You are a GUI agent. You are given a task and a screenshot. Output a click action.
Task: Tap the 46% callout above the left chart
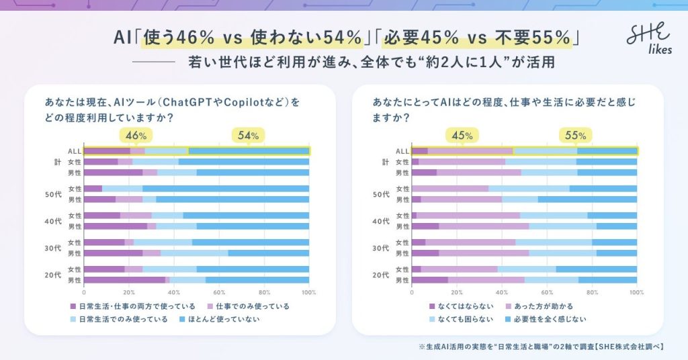pyautogui.click(x=136, y=136)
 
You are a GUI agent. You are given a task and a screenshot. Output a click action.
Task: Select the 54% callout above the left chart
pyautogui.click(x=248, y=136)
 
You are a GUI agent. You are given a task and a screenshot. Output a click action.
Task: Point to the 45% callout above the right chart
pyautogui.click(x=462, y=136)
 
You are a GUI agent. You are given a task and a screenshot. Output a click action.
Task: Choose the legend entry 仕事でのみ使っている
pyautogui.click(x=248, y=306)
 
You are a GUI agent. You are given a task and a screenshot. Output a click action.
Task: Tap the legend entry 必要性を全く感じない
pyautogui.click(x=552, y=319)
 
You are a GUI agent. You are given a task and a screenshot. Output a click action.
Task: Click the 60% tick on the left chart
pyautogui.click(x=219, y=292)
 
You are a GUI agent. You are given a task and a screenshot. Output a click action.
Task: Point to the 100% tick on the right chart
pyautogui.click(x=636, y=292)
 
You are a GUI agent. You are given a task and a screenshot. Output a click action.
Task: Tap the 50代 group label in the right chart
pyautogui.click(x=381, y=194)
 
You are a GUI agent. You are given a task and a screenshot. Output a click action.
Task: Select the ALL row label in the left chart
pyautogui.click(x=75, y=151)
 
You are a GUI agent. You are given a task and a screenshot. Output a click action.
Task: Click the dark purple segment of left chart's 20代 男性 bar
pyautogui.click(x=124, y=280)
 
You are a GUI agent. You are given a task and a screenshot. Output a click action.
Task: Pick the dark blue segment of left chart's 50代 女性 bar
pyautogui.click(x=226, y=189)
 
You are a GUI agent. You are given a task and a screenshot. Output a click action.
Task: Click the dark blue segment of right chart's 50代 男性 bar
pyautogui.click(x=587, y=199)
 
